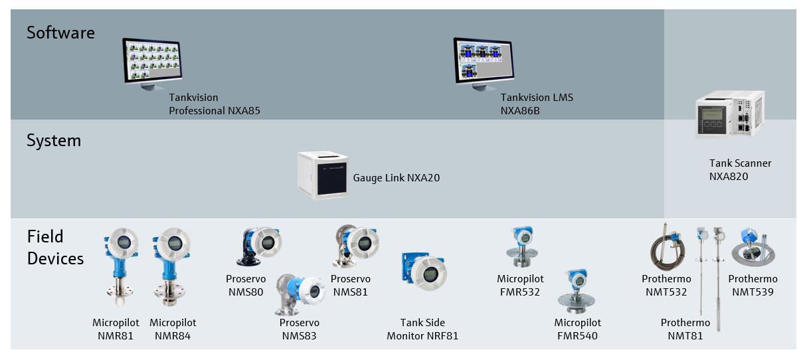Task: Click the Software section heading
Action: (x=60, y=33)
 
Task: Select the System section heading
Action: (x=54, y=141)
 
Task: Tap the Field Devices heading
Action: (x=55, y=247)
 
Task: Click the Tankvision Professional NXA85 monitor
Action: (x=152, y=64)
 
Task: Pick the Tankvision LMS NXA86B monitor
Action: (x=484, y=64)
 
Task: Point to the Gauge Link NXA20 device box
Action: (x=323, y=175)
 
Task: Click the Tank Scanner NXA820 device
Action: (x=730, y=114)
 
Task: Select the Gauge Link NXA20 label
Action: (x=396, y=177)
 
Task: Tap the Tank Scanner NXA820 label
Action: (x=740, y=170)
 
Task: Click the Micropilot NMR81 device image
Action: (x=121, y=266)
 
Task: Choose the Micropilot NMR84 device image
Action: (x=171, y=266)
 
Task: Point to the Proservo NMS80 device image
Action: (x=259, y=246)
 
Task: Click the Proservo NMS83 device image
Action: (x=299, y=294)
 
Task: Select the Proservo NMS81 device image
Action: (x=355, y=246)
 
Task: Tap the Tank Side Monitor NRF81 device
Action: (x=424, y=271)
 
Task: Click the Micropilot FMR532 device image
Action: (x=522, y=247)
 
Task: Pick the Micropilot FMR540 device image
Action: (x=577, y=291)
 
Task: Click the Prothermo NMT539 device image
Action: (x=753, y=247)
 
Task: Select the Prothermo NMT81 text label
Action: (x=685, y=329)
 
